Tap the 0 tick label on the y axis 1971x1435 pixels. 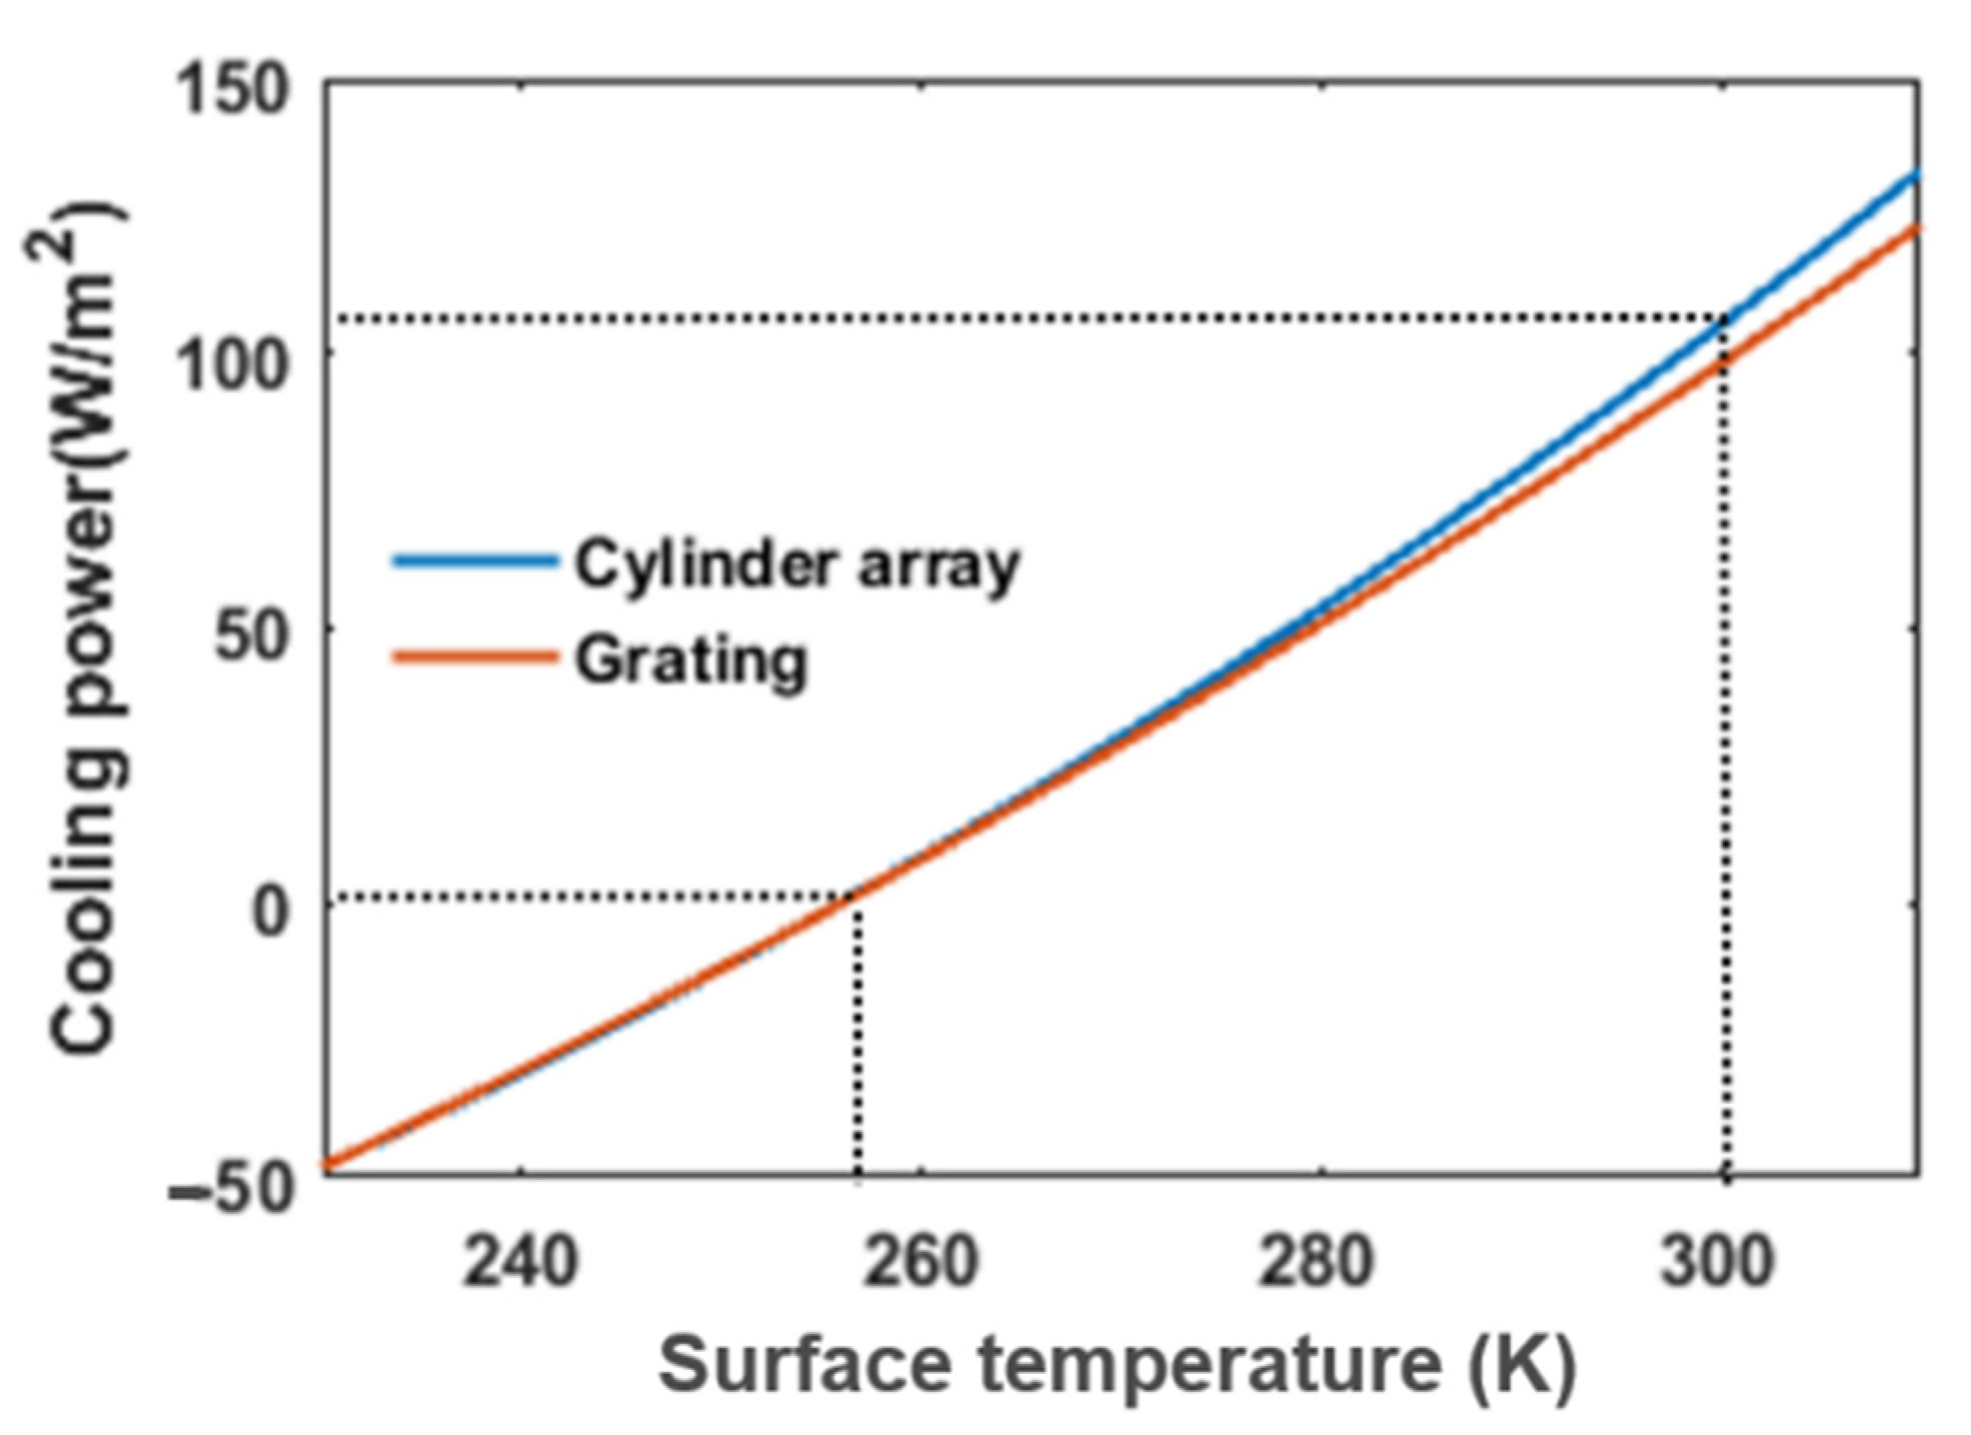(270, 911)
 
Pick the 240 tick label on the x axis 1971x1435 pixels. (520, 1261)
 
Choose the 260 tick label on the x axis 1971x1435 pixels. (920, 1261)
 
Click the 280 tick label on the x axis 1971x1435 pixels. (1316, 1261)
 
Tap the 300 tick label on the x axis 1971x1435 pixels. (1716, 1261)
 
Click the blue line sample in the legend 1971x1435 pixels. (474, 562)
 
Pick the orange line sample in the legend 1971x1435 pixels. (474, 658)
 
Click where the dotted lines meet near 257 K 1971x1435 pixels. (858, 896)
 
